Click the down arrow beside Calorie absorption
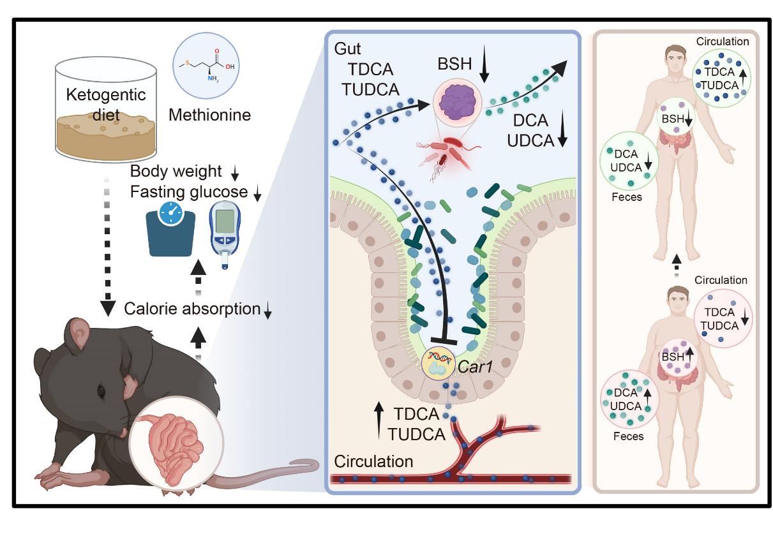coord(269,310)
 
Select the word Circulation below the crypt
coord(373,461)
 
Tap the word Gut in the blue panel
coord(348,48)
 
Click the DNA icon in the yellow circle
coord(439,359)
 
